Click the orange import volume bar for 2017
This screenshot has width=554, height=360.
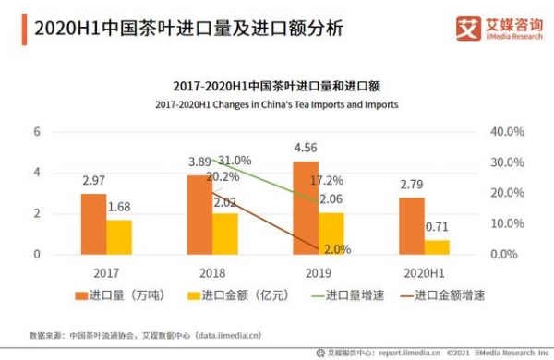93,224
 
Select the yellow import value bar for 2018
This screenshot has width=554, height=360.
226,234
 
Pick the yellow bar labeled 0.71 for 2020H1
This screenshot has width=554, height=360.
438,246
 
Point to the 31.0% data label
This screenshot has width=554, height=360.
234,160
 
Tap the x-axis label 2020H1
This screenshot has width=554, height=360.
425,272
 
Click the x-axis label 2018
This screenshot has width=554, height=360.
212,272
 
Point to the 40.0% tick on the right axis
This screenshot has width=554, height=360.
504,132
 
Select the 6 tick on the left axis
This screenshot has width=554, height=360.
38,132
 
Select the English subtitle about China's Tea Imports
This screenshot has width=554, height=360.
277,104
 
